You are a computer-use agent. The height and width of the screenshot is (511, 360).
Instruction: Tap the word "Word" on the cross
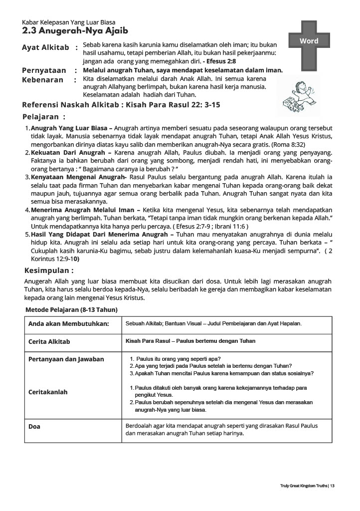pyautogui.click(x=309, y=41)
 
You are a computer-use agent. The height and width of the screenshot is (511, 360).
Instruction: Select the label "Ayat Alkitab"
pyautogui.click(x=45, y=47)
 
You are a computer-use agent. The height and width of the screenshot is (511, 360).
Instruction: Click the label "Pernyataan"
pyautogui.click(x=44, y=70)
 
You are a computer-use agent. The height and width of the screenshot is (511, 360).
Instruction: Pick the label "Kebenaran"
pyautogui.click(x=43, y=79)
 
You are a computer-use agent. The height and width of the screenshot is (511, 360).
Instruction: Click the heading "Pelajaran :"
pyautogui.click(x=44, y=117)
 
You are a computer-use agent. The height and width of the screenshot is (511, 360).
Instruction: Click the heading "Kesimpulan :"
pyautogui.click(x=49, y=270)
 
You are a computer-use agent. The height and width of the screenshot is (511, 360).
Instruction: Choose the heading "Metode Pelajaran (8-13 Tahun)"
pyautogui.click(x=72, y=310)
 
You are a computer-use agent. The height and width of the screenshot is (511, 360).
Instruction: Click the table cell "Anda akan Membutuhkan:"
pyautogui.click(x=69, y=324)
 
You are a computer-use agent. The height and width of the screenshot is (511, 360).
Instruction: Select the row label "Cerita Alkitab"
pyautogui.click(x=49, y=342)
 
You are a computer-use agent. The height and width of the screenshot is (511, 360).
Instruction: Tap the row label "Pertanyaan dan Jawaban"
pyautogui.click(x=66, y=359)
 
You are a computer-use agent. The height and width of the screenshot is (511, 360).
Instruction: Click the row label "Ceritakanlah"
pyautogui.click(x=48, y=392)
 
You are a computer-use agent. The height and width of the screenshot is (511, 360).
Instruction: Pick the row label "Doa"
pyautogui.click(x=34, y=427)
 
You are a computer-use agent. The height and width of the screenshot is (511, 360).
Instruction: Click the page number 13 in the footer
pyautogui.click(x=332, y=486)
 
